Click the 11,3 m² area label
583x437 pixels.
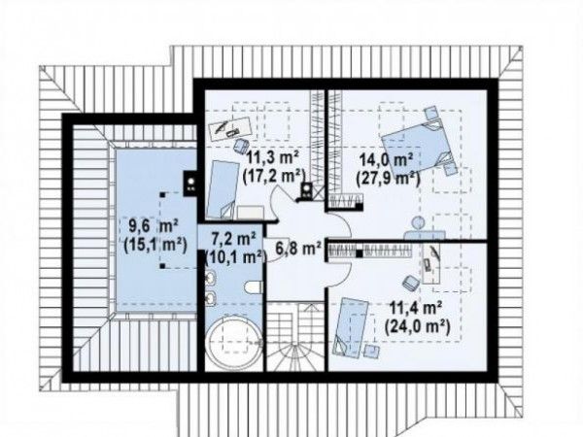[x=274, y=158]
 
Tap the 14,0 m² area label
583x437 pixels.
[x=387, y=161]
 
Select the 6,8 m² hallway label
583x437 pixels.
[x=298, y=247]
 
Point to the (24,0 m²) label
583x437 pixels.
[x=418, y=326]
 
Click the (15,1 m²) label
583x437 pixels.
[x=155, y=245]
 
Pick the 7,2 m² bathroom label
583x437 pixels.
[x=233, y=238]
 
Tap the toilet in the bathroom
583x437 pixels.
[x=255, y=286]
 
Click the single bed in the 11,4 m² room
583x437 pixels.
[x=352, y=326]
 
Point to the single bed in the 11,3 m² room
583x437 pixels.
[x=223, y=189]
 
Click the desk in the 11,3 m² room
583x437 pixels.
[x=229, y=128]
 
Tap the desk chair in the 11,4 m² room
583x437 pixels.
[x=411, y=283]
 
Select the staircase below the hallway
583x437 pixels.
[x=296, y=336]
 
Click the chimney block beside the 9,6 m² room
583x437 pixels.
[x=190, y=184]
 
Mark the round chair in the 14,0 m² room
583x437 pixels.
[x=419, y=222]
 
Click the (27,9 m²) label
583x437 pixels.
[x=388, y=179]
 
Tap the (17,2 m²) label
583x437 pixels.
[x=274, y=176]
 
